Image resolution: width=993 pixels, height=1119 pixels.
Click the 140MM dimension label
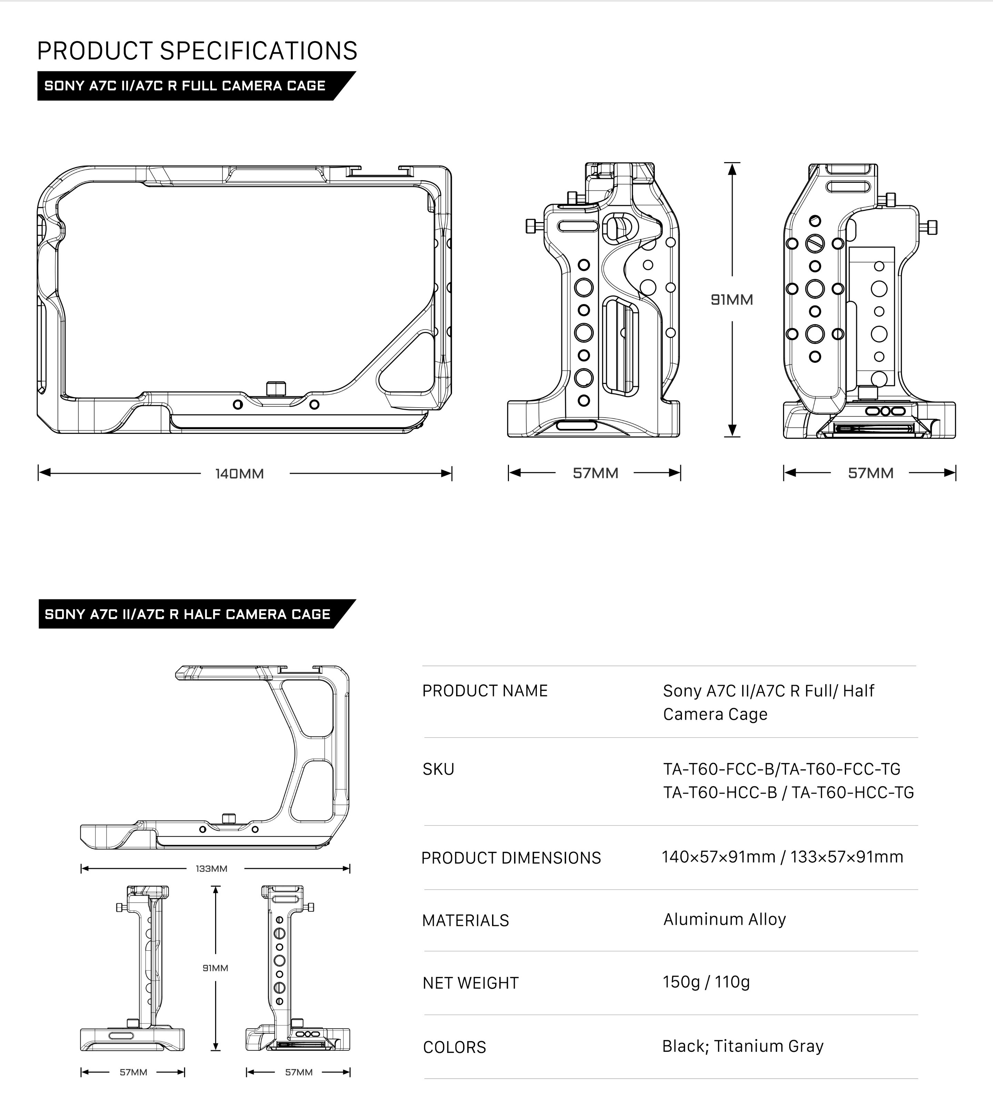[239, 473]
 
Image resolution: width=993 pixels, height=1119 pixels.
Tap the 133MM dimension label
[211, 868]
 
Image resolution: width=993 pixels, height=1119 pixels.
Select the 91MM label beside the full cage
[732, 299]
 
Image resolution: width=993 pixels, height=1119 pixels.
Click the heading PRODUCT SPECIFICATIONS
[197, 51]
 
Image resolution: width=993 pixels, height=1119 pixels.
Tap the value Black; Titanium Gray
[743, 1046]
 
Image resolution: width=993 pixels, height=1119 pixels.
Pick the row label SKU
[439, 769]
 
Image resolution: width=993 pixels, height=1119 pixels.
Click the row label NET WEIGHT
[470, 983]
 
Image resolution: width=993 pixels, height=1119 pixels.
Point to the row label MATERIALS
[465, 921]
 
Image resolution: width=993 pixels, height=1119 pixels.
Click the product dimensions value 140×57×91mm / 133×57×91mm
[783, 857]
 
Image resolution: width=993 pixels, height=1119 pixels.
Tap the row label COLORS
[454, 1047]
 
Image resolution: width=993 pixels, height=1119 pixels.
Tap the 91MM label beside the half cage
[215, 968]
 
